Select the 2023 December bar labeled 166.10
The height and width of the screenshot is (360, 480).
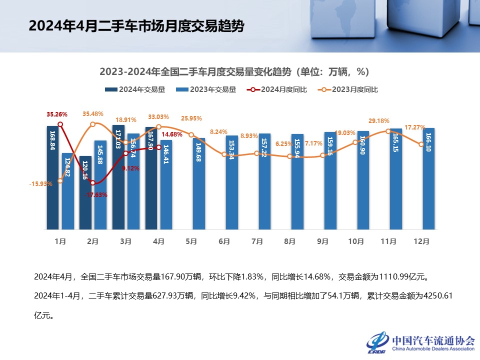[x=428, y=178]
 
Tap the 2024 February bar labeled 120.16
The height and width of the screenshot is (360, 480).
[x=86, y=192]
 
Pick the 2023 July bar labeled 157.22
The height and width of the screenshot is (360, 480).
[x=264, y=181]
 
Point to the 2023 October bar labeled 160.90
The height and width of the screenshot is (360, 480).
[x=363, y=180]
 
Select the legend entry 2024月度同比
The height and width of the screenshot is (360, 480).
[x=277, y=89]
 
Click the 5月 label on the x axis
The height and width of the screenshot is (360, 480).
[x=191, y=241]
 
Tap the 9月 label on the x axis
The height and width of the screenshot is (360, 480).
[x=322, y=241]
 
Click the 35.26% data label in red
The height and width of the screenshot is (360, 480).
[x=57, y=114]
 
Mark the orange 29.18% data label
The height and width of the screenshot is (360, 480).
[x=378, y=121]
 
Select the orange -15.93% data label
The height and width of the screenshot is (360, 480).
[x=40, y=184]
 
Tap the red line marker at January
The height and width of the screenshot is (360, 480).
[x=60, y=124]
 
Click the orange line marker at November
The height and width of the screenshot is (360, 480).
[x=389, y=131]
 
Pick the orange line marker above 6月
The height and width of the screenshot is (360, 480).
[x=224, y=154]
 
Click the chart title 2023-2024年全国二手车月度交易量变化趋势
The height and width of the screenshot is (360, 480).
[x=234, y=72]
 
